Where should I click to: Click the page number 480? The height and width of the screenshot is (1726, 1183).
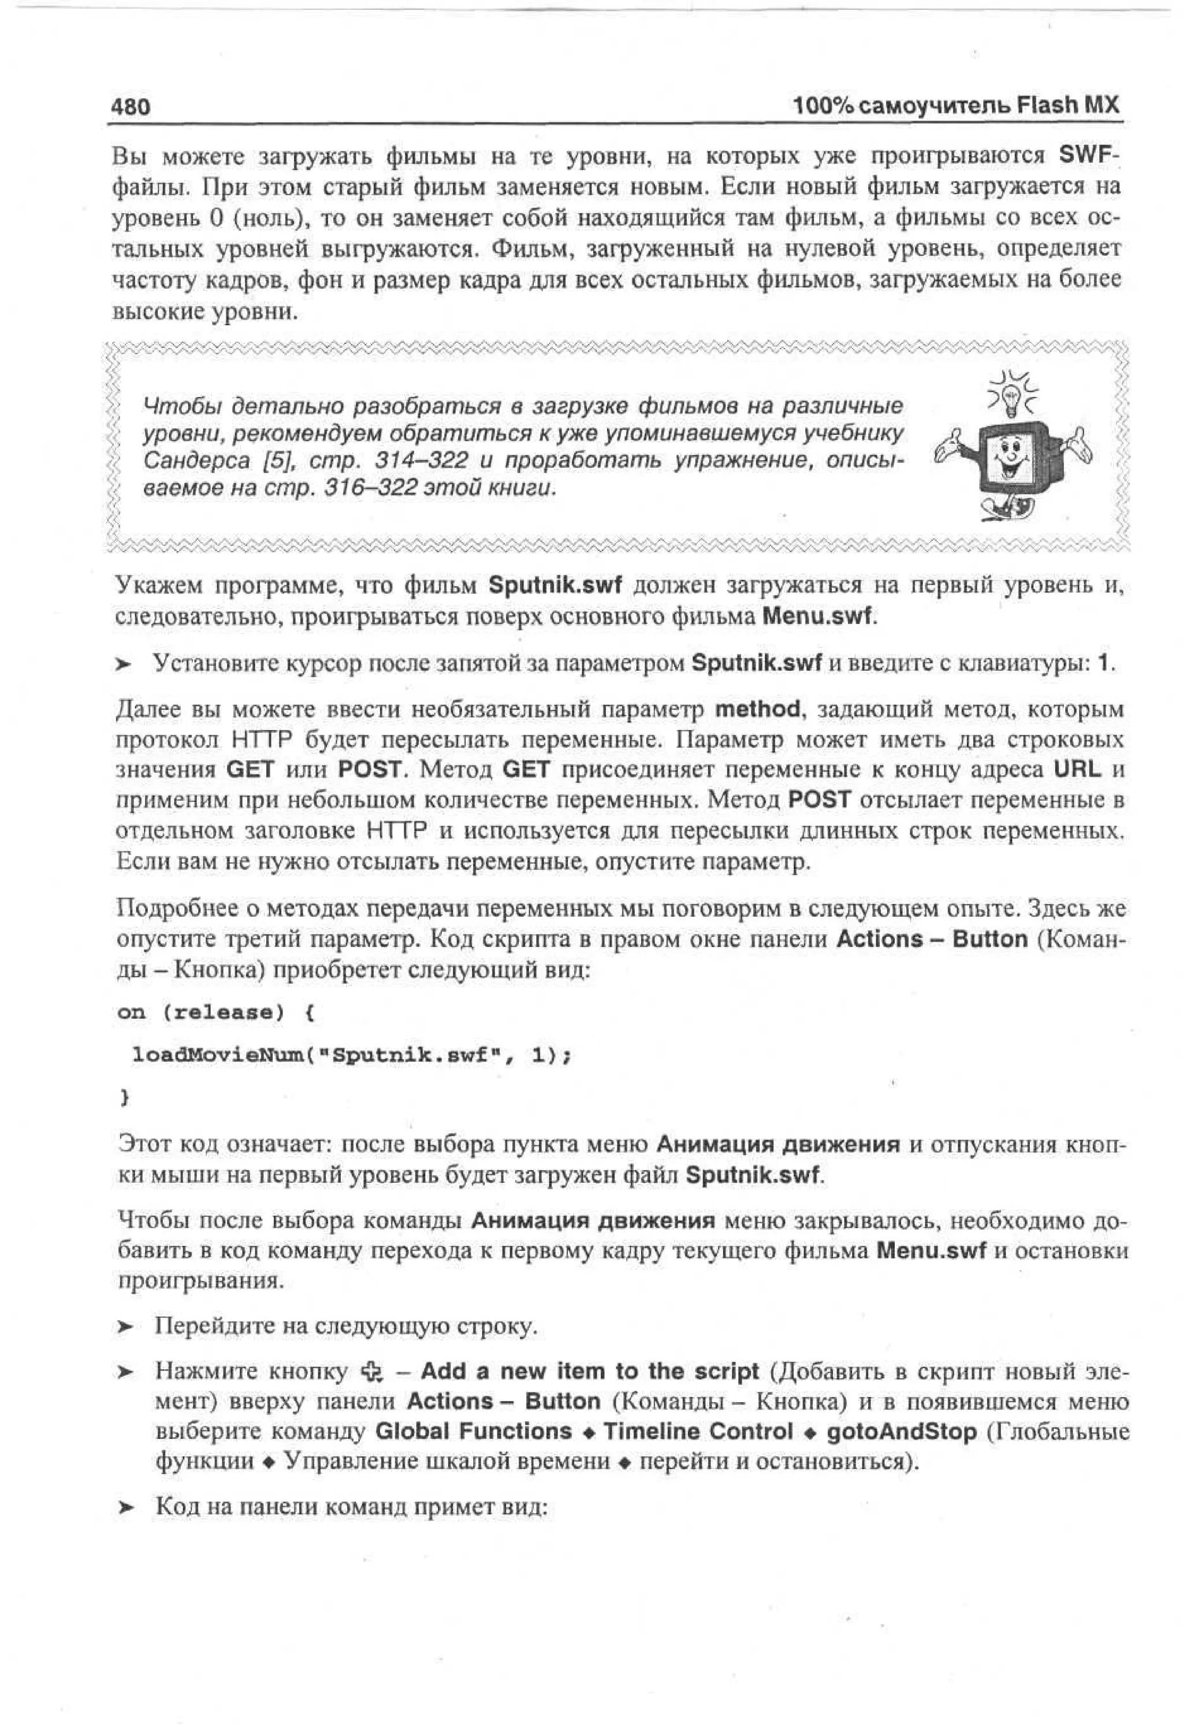coord(131,107)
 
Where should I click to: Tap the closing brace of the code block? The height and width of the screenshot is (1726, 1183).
coord(124,1096)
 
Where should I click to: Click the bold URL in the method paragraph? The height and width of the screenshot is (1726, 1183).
coord(1077,769)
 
